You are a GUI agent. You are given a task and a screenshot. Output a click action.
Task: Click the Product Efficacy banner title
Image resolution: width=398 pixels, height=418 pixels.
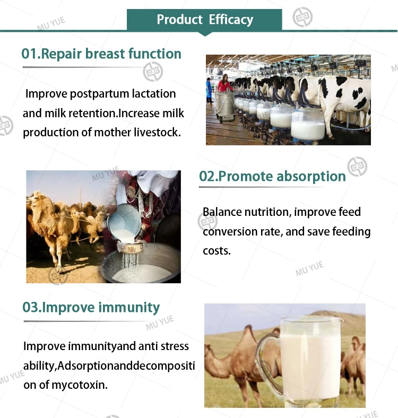click(205, 20)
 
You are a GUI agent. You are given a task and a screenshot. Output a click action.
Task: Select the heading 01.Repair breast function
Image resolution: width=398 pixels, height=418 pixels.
click(101, 54)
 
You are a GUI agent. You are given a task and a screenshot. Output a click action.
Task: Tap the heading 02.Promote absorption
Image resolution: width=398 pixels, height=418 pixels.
click(272, 176)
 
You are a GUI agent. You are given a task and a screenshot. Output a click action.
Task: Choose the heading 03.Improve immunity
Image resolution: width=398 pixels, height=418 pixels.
click(91, 307)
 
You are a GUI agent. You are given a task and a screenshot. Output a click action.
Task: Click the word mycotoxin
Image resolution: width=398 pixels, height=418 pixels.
click(79, 385)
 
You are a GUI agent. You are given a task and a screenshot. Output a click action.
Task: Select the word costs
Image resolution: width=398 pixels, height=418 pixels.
click(217, 251)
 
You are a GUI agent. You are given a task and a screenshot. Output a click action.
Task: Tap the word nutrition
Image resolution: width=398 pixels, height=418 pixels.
click(267, 212)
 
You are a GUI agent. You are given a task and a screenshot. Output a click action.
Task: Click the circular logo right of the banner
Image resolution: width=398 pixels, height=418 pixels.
click(302, 17)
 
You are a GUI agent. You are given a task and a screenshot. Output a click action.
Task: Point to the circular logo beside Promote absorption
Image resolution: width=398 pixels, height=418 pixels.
click(357, 167)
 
